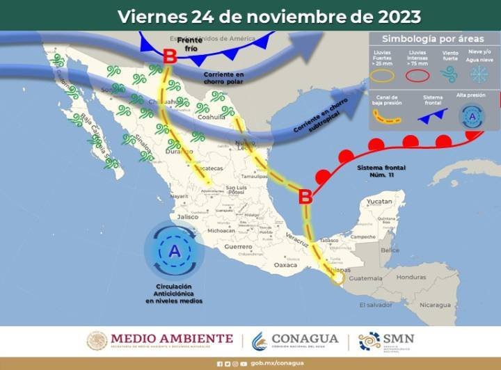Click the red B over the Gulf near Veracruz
pos(305,198)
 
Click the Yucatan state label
pos(380,201)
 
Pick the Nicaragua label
pos(429,305)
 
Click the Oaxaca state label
pos(285,265)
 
